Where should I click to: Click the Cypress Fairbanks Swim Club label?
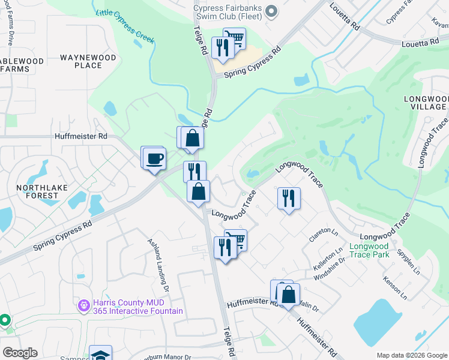coord(228,11)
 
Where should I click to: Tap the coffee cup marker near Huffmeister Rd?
coord(155,158)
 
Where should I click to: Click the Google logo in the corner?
coord(20,353)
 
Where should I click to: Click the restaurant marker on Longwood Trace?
coord(289,197)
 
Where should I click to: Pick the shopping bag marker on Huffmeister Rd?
coord(288,294)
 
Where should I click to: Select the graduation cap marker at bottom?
coord(100,354)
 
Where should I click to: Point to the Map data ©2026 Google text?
coord(411,355)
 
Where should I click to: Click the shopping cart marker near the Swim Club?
coord(234,38)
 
